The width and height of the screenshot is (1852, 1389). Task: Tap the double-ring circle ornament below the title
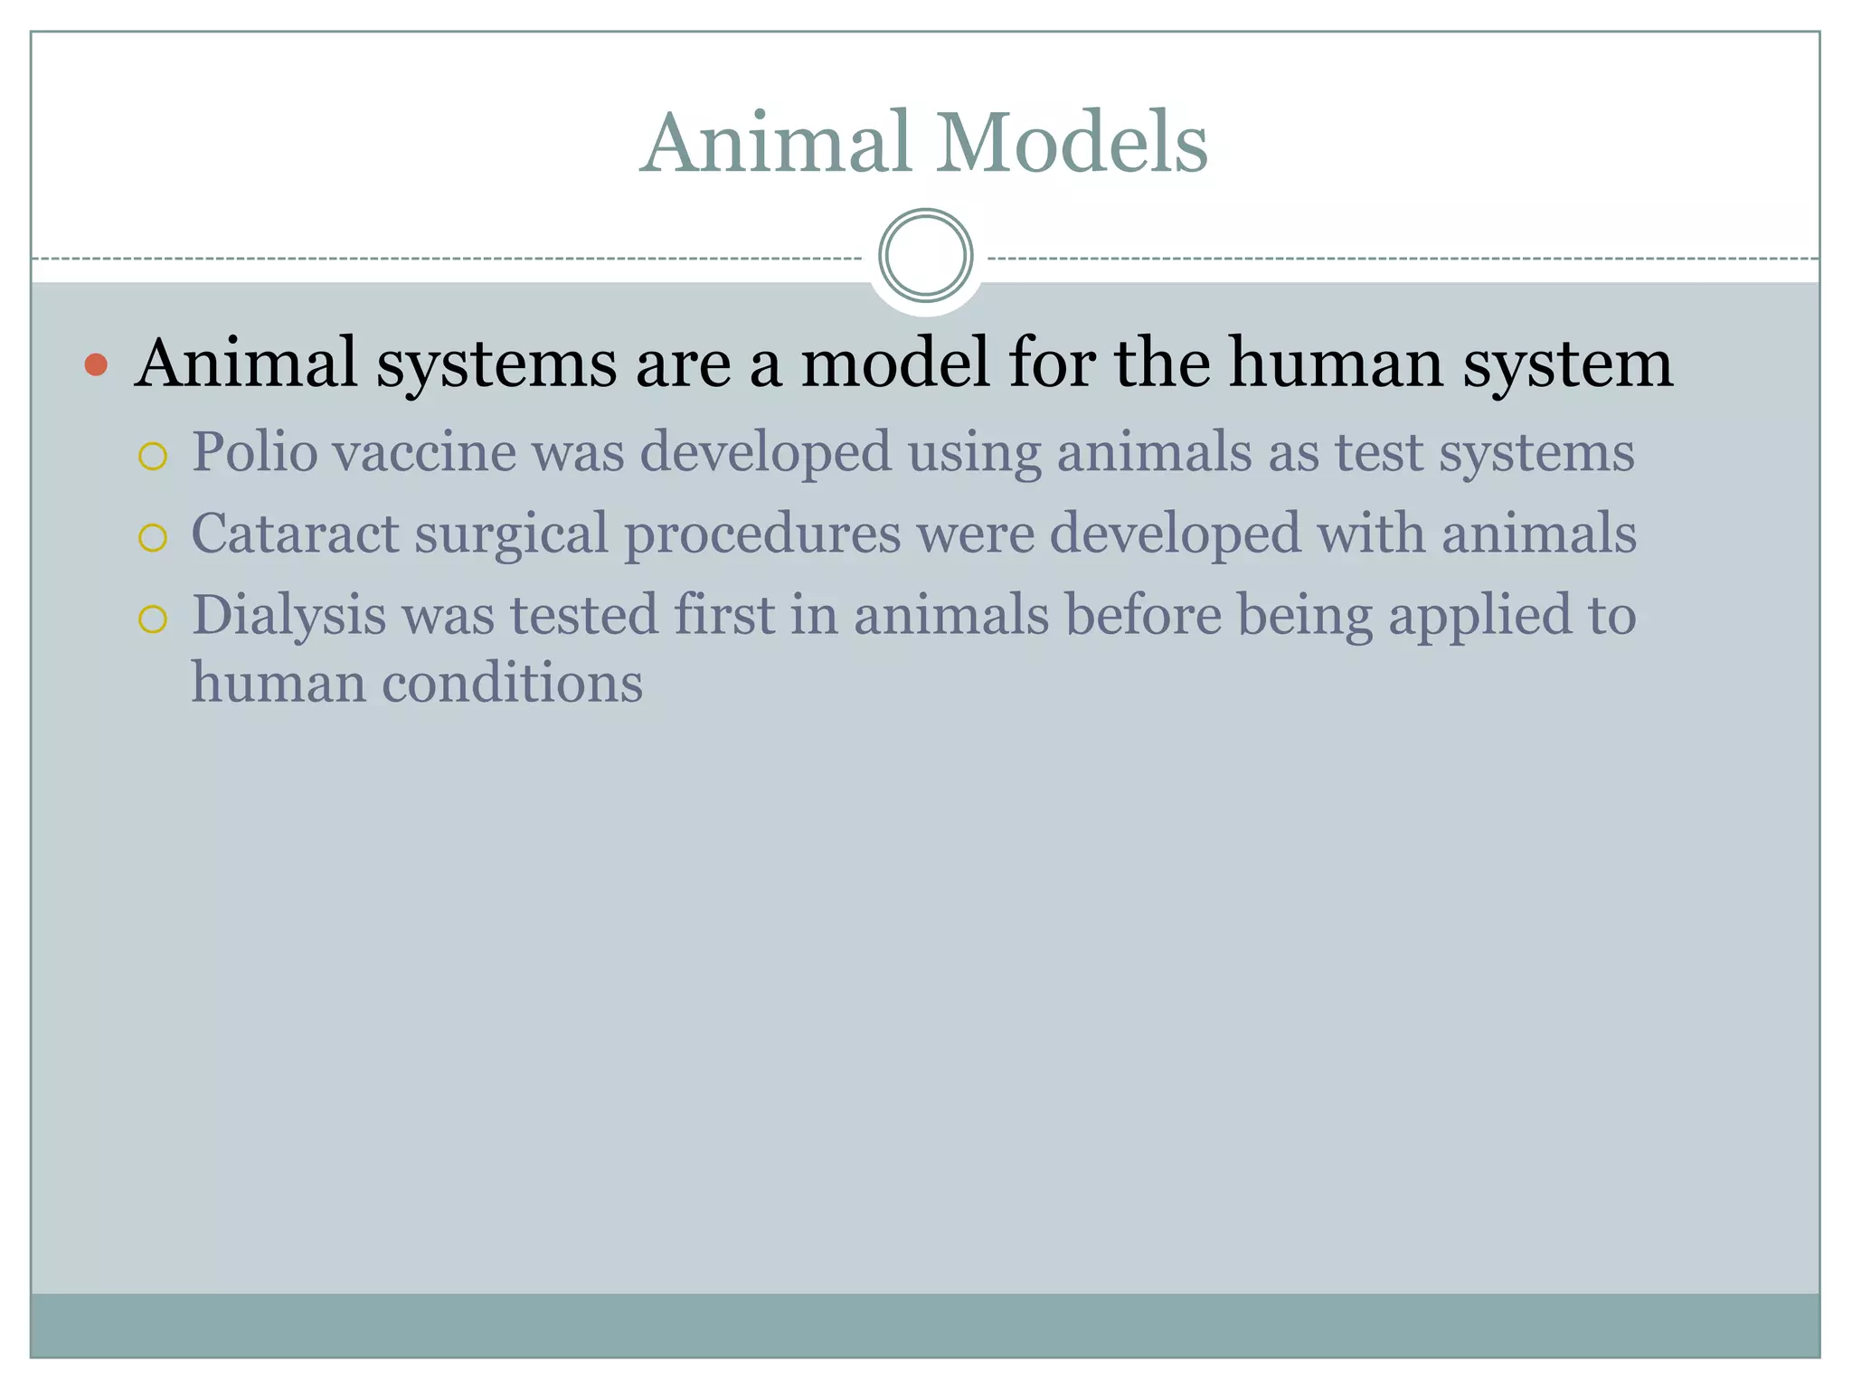click(925, 255)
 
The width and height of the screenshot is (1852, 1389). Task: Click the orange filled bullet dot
click(96, 365)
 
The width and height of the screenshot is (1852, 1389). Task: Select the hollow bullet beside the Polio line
click(153, 457)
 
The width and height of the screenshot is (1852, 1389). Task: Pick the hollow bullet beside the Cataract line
click(153, 538)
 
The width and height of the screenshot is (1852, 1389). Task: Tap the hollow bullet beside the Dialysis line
click(153, 619)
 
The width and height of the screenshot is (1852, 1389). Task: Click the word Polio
click(254, 451)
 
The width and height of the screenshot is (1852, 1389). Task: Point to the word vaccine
click(425, 451)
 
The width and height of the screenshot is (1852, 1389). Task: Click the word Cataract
click(295, 534)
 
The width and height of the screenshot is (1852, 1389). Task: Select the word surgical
click(511, 534)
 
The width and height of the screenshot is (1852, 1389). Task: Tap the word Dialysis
click(288, 616)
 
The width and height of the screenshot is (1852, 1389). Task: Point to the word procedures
click(762, 534)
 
